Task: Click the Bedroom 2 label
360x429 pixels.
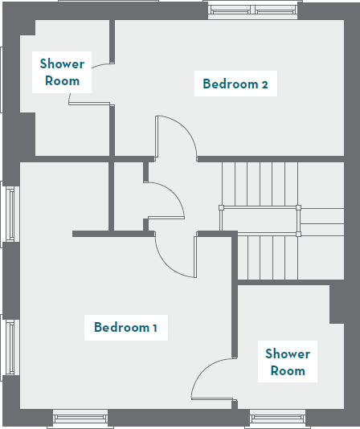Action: click(235, 84)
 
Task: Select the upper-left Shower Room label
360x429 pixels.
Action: click(62, 72)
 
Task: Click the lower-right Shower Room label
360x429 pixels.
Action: click(288, 362)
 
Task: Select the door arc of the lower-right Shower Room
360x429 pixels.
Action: click(211, 377)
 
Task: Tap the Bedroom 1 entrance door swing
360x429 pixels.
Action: click(174, 257)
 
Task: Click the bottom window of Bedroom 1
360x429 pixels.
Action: click(80, 417)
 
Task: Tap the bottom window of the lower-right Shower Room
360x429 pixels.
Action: click(276, 417)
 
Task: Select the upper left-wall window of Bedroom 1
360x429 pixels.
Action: click(10, 214)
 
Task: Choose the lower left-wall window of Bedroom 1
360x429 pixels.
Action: click(10, 347)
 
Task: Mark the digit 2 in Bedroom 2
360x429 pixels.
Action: click(264, 84)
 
